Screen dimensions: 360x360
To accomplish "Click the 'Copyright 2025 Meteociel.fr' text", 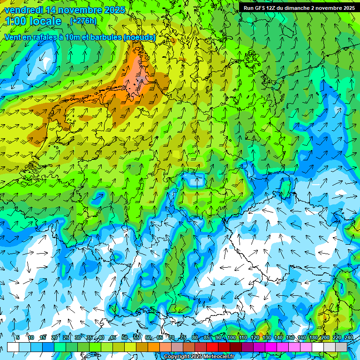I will tap(199, 357).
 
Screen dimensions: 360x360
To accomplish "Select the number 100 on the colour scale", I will tap(231, 337).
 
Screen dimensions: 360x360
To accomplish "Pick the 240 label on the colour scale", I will tap(348, 337).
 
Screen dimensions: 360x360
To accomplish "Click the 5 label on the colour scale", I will tap(18, 337).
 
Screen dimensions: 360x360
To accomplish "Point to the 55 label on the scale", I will tap(136, 337).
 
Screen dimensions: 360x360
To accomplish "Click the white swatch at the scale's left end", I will tap(13, 347).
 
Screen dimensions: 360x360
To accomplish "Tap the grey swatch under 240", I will tap(341, 347).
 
